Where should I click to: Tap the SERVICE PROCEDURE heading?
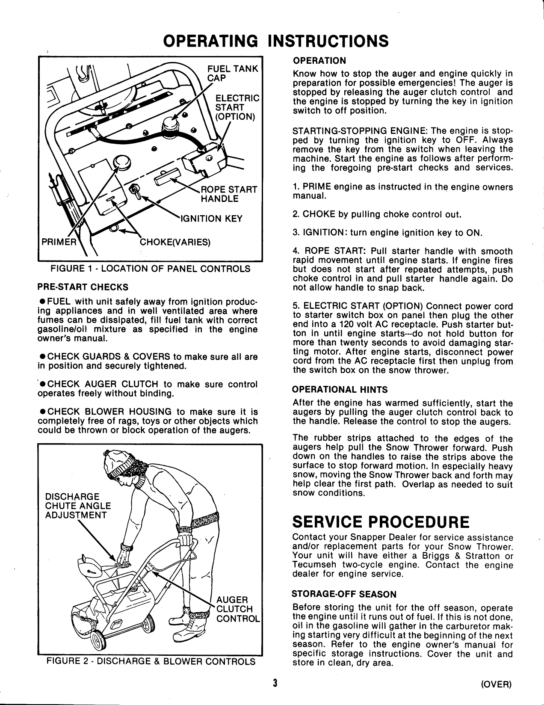coord(381,522)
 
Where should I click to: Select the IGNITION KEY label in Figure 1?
coord(212,219)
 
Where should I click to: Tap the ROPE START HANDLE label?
coord(228,194)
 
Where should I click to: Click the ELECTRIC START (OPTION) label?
coord(237,107)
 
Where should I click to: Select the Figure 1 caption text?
coord(150,269)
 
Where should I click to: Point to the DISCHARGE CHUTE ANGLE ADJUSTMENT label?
coord(78,505)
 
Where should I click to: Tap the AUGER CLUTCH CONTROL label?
coord(237,609)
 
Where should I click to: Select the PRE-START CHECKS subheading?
coord(83,286)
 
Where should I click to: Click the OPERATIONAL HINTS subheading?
coord(340,389)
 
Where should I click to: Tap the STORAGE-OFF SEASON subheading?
coord(343,594)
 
